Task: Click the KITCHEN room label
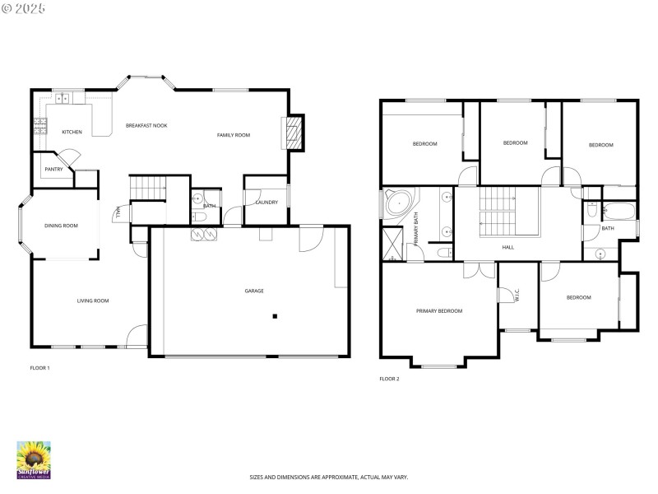(x=72, y=132)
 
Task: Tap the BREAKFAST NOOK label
(x=146, y=125)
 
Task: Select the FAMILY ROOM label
(x=234, y=135)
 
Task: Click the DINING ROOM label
(x=61, y=225)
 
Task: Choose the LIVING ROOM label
(x=93, y=301)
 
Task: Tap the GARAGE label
(x=254, y=291)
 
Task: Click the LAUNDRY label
(x=266, y=203)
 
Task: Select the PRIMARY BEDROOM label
(x=439, y=310)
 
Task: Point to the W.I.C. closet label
(x=517, y=295)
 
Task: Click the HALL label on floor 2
(x=508, y=247)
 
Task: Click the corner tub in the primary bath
(x=400, y=202)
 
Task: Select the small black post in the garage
(x=276, y=316)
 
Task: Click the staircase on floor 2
(x=496, y=211)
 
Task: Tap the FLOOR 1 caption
(x=39, y=368)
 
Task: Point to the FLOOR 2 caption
(x=389, y=379)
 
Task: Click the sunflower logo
(x=34, y=458)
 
